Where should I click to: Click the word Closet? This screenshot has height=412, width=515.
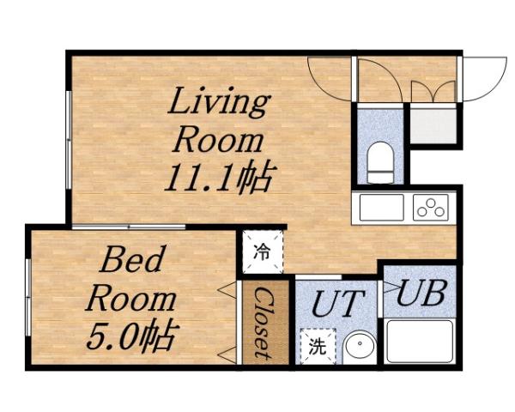[264, 323]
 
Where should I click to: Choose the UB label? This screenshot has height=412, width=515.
[421, 294]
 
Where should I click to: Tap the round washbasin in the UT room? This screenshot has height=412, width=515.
[357, 348]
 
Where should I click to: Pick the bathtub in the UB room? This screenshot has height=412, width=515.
[418, 340]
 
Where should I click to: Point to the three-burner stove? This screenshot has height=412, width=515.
[430, 207]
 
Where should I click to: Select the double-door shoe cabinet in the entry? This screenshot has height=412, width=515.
[433, 93]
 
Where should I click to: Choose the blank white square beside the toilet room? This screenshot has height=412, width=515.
[433, 125]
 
